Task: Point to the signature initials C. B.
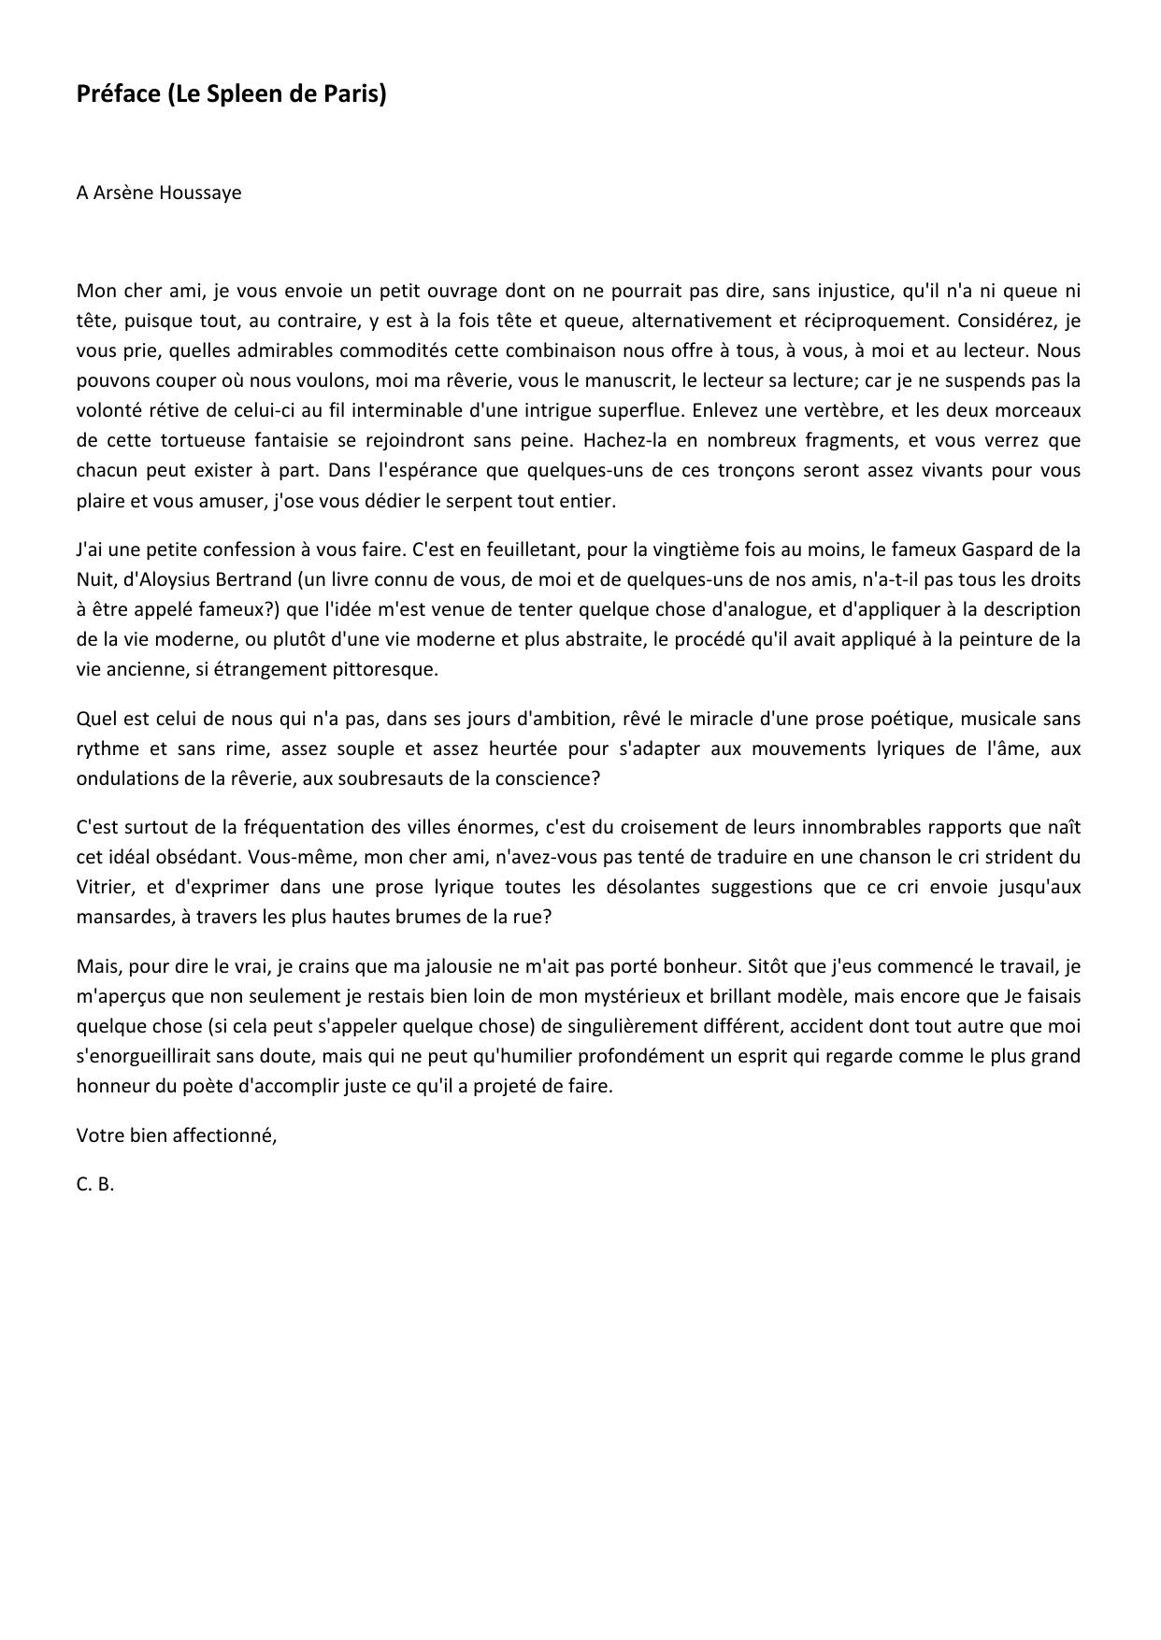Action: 95,1184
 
